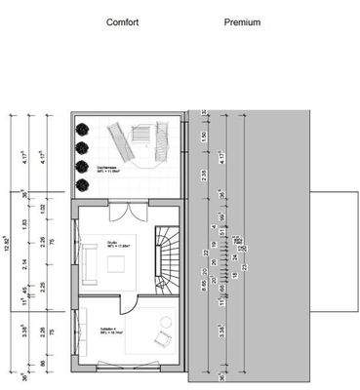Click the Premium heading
(x=242, y=21)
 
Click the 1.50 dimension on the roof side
(x=203, y=136)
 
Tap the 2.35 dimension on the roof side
(x=203, y=175)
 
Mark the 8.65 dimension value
(x=203, y=286)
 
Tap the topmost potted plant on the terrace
(x=82, y=129)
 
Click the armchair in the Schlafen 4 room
(x=159, y=338)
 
